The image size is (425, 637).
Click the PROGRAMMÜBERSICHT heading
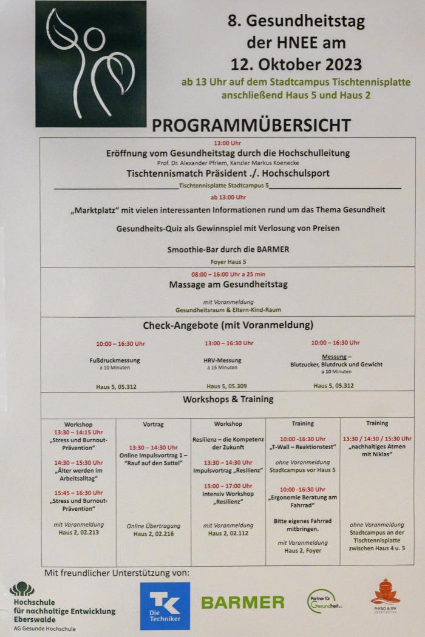(x=251, y=125)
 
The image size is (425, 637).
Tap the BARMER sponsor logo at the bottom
(x=243, y=602)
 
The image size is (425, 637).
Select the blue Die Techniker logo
(x=165, y=606)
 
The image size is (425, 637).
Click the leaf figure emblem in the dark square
(x=90, y=63)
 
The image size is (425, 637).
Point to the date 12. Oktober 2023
(x=296, y=64)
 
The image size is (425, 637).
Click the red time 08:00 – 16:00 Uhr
(x=228, y=274)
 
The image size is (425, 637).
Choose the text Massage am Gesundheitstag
(x=228, y=285)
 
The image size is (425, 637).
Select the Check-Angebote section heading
(x=228, y=325)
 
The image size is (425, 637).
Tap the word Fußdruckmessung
(x=115, y=360)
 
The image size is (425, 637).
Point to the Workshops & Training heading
(x=228, y=399)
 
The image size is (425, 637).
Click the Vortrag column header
(x=154, y=424)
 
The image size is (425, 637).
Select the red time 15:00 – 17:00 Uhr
(x=228, y=486)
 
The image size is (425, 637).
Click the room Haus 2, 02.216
(x=154, y=534)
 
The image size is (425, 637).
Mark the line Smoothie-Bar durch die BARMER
(x=228, y=249)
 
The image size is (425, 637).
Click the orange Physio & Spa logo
(x=386, y=596)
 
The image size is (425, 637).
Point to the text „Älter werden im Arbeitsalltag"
(x=79, y=474)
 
